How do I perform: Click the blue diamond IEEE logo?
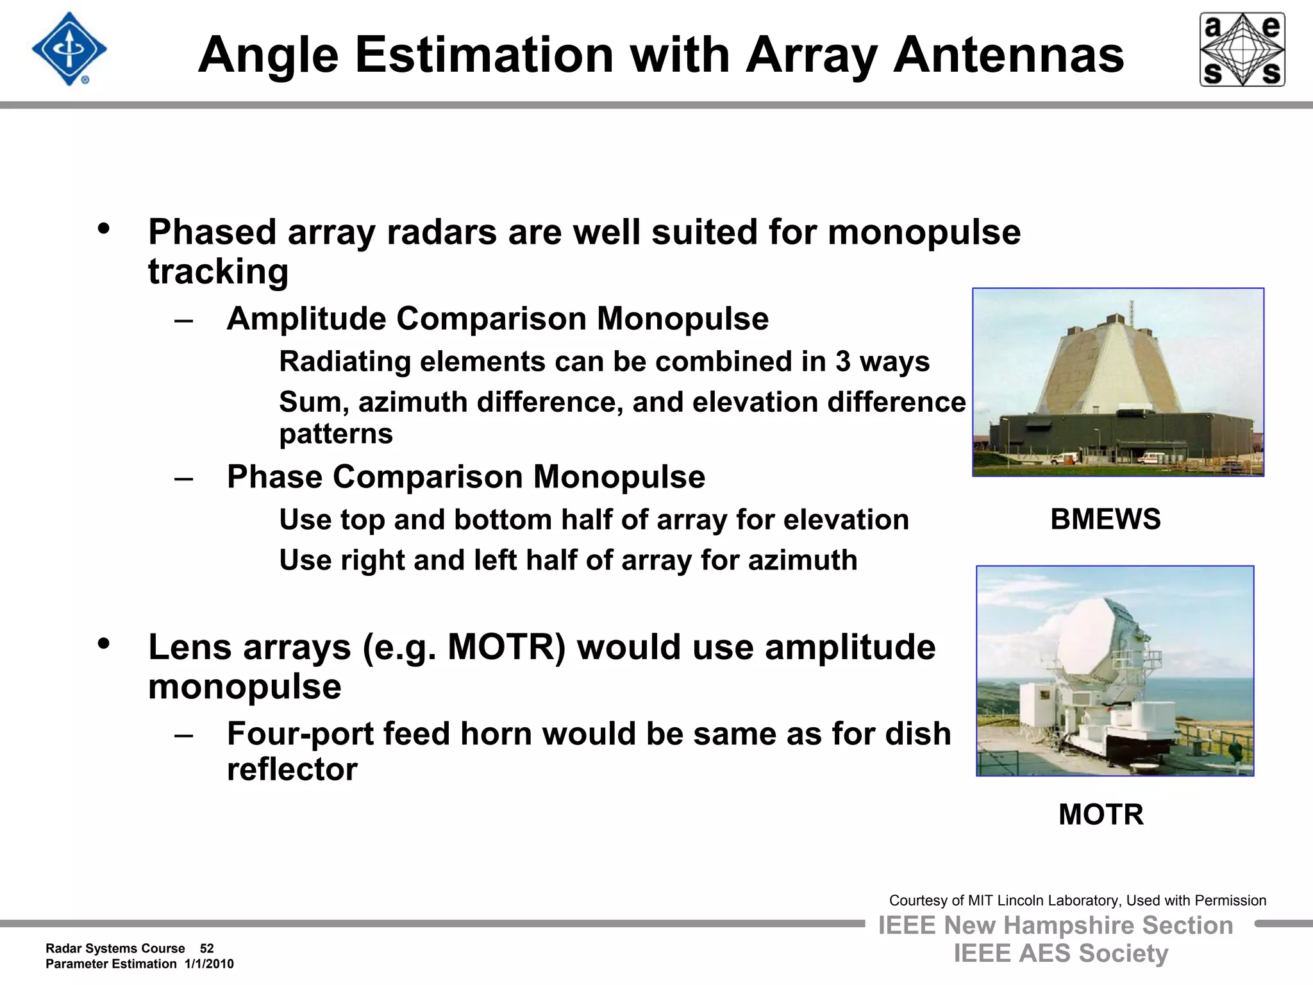pyautogui.click(x=69, y=49)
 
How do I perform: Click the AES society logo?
pyautogui.click(x=1242, y=49)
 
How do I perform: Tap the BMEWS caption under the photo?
pyautogui.click(x=1105, y=519)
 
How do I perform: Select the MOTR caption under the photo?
pyautogui.click(x=1101, y=814)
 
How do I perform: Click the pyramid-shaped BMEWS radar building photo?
pyautogui.click(x=1118, y=382)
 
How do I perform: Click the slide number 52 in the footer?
pyautogui.click(x=206, y=948)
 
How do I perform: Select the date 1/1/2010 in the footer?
pyautogui.click(x=209, y=964)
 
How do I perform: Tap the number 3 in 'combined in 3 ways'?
pyautogui.click(x=842, y=362)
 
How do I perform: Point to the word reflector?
pyautogui.click(x=292, y=769)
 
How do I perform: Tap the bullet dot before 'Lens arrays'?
pyautogui.click(x=104, y=643)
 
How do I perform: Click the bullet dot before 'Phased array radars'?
pyautogui.click(x=104, y=228)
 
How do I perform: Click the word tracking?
pyautogui.click(x=218, y=272)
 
